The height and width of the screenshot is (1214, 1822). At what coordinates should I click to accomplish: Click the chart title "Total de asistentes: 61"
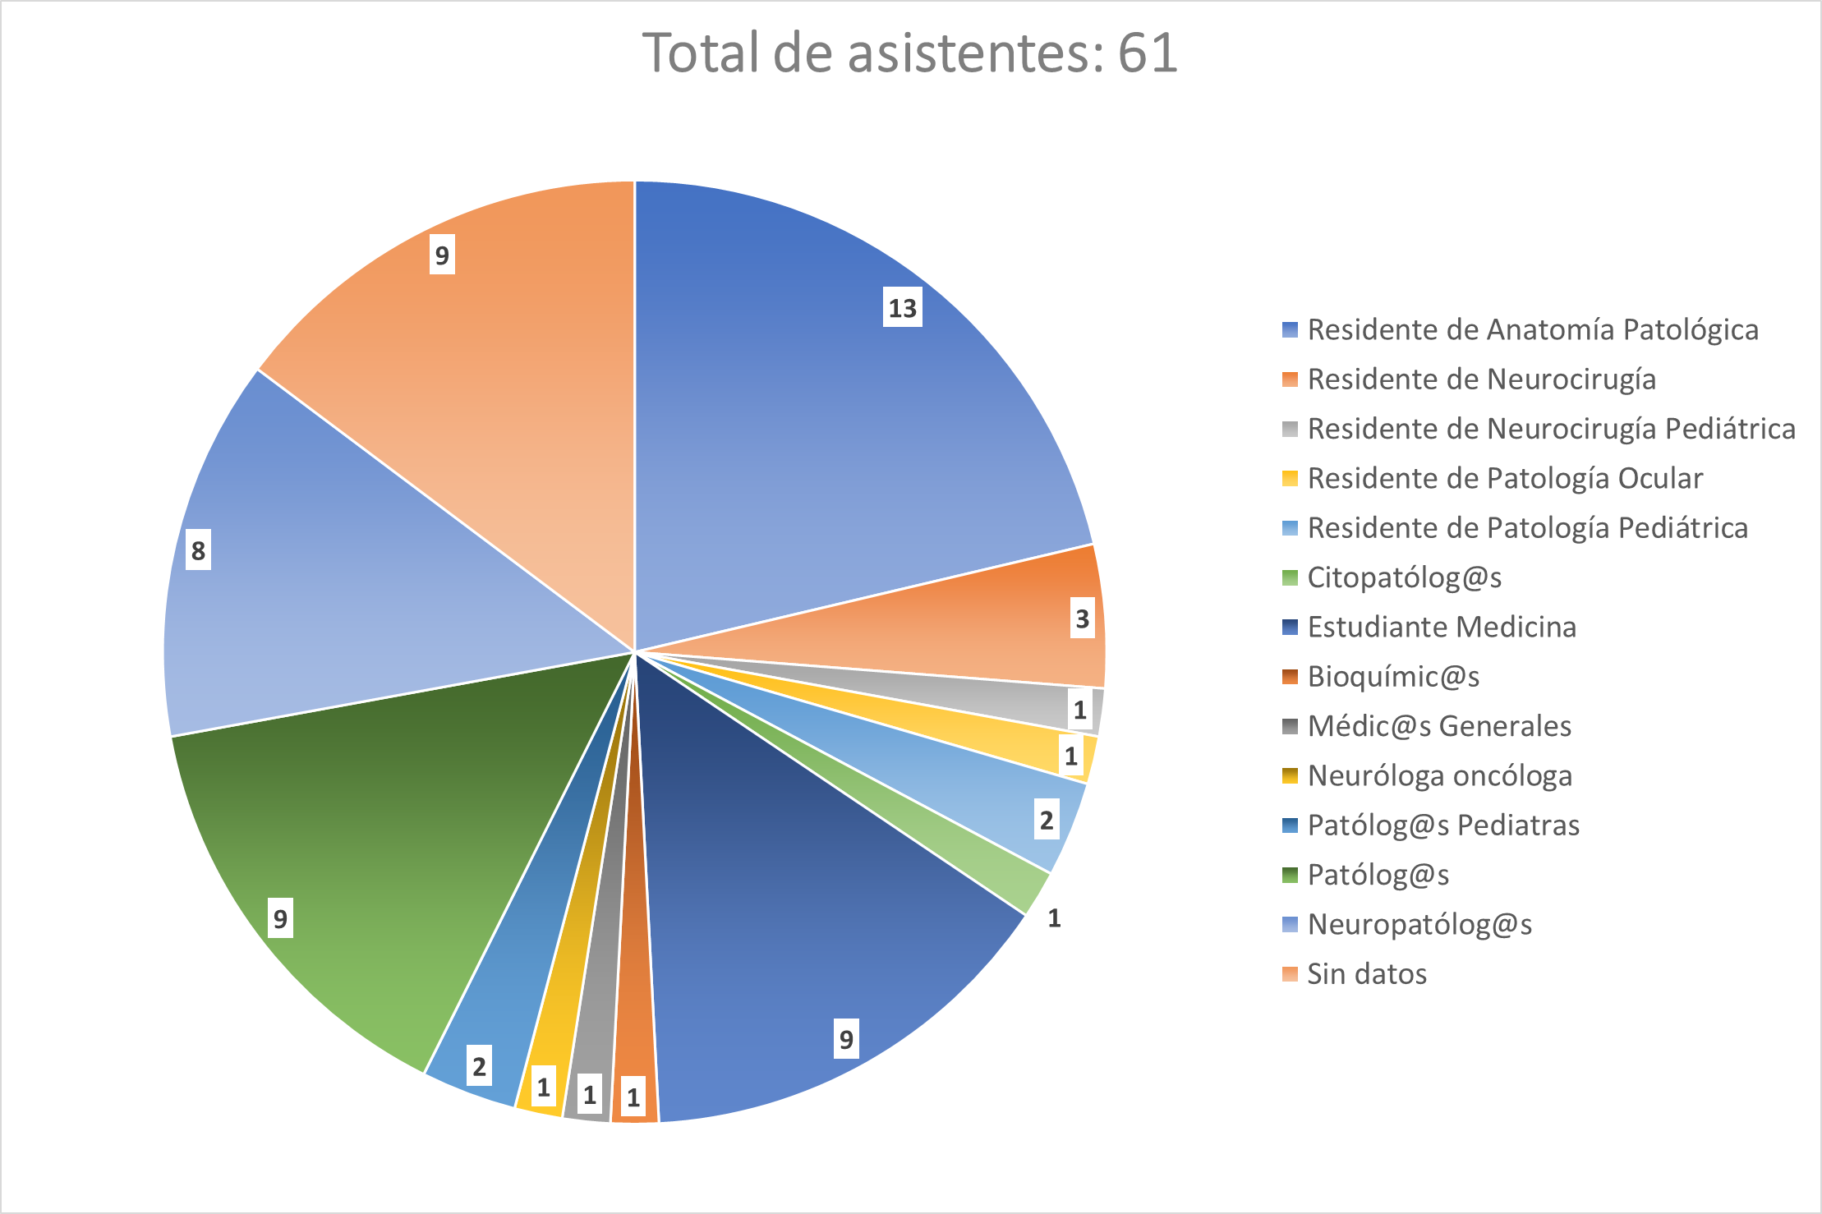point(909,53)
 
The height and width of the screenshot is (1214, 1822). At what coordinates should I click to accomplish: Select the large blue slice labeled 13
point(821,427)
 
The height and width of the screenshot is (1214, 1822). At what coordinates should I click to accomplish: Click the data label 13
point(902,308)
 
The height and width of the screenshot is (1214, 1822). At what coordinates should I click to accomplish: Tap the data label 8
point(198,550)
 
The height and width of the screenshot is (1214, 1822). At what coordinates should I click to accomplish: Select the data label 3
point(1082,618)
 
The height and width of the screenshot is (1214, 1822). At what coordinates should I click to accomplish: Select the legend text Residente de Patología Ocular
point(1505,478)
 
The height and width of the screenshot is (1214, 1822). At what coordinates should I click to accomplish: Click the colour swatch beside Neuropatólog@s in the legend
point(1290,925)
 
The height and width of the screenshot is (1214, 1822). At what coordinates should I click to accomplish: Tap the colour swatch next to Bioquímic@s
point(1290,677)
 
